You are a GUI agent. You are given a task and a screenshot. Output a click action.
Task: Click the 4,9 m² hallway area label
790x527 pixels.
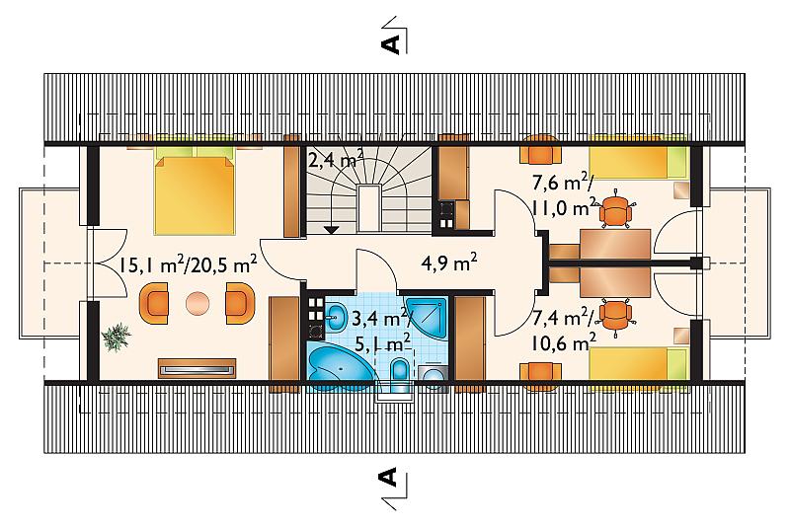pos(449,263)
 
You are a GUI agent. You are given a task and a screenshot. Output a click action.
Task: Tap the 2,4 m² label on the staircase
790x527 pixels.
pos(336,160)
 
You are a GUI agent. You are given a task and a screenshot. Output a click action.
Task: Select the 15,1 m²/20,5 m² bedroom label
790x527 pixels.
pos(188,265)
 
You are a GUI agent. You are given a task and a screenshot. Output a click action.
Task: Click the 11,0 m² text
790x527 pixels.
pos(563,206)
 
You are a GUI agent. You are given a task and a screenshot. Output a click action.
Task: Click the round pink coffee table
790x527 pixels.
pos(196,304)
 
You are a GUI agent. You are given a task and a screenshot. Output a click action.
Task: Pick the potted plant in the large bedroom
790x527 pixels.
pos(116,337)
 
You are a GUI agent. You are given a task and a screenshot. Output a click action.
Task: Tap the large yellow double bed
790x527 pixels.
pos(195,194)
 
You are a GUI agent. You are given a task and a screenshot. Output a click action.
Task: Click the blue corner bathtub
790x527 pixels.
pos(340,367)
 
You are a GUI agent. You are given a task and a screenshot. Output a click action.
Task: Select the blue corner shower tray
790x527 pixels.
pos(428,318)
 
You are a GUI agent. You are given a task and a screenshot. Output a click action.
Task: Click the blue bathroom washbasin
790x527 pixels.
pos(335,317)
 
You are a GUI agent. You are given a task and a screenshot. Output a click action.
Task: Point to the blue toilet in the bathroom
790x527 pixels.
pos(400,374)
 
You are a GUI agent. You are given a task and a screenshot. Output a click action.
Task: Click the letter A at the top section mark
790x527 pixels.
pos(390,43)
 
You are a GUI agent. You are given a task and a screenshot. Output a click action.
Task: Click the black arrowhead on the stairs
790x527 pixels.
pos(330,230)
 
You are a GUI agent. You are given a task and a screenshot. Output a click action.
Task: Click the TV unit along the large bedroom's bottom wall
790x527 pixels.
pos(197,368)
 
